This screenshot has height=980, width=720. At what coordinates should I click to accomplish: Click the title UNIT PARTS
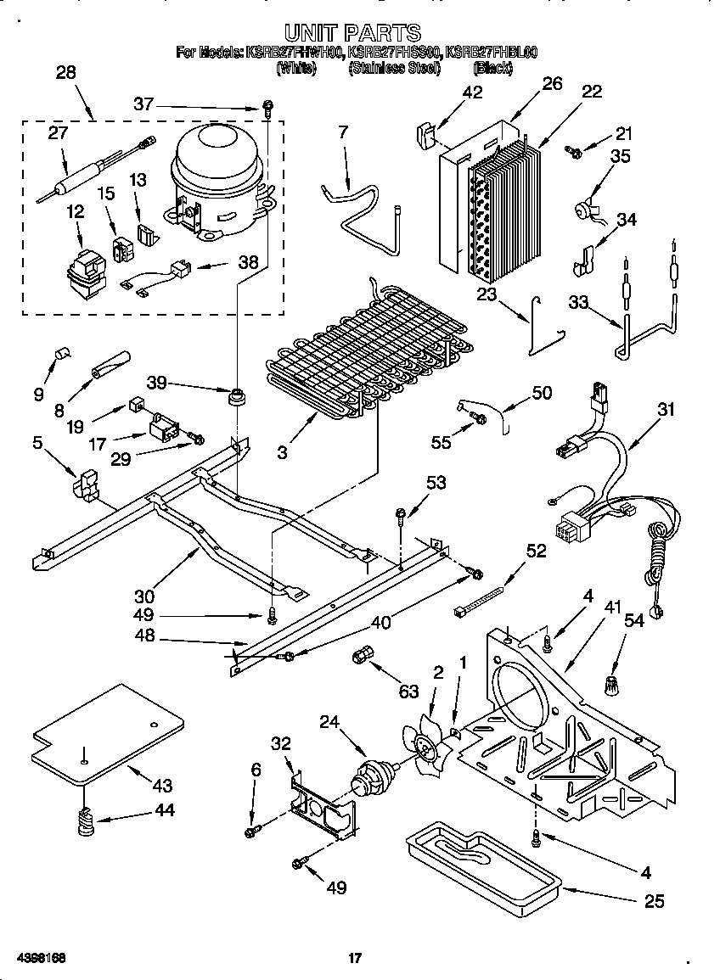[x=352, y=33]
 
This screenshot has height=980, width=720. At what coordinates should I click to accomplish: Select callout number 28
[x=65, y=72]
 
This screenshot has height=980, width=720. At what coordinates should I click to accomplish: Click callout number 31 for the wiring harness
[x=666, y=410]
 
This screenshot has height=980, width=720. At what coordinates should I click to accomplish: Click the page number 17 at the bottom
[x=356, y=959]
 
